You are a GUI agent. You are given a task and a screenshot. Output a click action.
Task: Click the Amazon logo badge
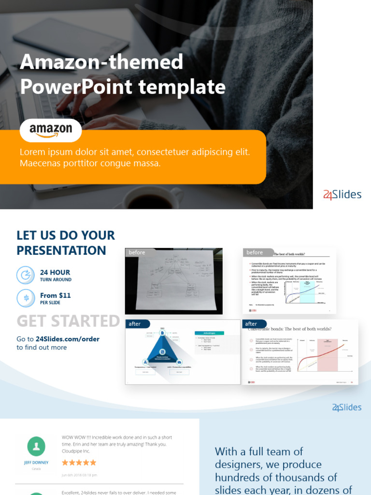point(51,130)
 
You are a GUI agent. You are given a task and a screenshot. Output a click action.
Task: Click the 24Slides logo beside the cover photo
point(342,195)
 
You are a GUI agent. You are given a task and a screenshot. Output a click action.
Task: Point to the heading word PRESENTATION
point(61,250)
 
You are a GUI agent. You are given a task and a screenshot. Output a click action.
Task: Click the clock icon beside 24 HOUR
point(26,275)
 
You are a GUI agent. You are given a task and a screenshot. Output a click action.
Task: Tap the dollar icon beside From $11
point(26,298)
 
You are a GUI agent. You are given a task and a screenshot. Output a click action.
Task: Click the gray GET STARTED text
point(68,321)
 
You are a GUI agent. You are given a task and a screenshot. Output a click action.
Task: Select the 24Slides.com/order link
point(68,339)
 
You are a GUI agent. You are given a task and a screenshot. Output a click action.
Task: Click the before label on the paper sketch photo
point(137,252)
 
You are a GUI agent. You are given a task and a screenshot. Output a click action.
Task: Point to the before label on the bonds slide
point(255,252)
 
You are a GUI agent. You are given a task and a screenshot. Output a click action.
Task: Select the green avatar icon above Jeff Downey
point(36,446)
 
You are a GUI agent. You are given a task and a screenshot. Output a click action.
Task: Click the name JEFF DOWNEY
point(36,463)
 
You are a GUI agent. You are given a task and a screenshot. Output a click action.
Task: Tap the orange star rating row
point(79,463)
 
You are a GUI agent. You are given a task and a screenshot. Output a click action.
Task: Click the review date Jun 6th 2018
point(79,475)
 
